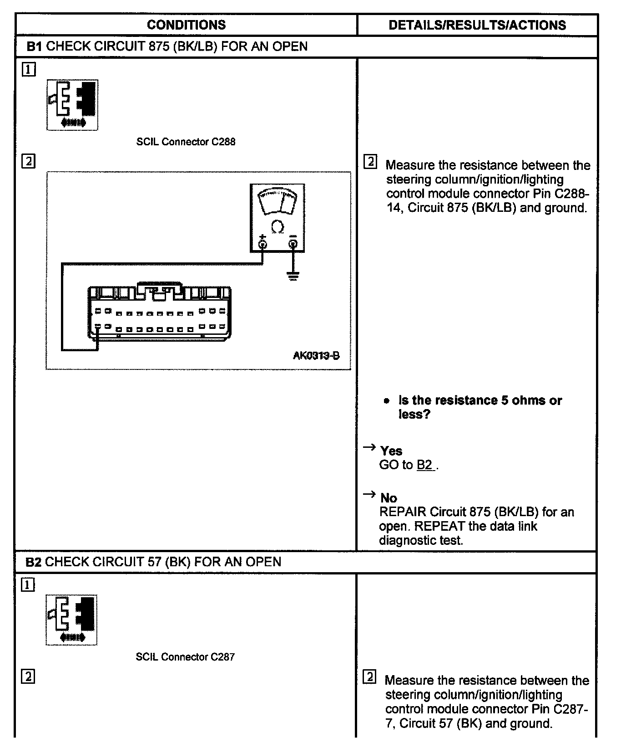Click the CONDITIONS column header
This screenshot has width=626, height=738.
pos(186,25)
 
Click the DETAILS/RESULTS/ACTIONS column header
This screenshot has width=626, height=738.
pos(477,25)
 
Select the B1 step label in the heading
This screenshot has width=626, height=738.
pos(34,46)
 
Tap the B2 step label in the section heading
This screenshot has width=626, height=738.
pos(33,562)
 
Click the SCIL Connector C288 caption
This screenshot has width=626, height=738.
pos(186,142)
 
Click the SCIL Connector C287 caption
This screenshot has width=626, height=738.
pos(185,657)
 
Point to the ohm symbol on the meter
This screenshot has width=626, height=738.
pos(278,226)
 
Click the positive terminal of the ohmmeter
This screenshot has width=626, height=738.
pos(263,244)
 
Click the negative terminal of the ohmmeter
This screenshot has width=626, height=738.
pos(293,244)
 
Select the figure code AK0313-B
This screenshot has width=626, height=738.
pos(316,355)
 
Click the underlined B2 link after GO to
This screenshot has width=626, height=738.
pos(425,465)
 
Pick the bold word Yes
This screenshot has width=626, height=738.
pos(391,451)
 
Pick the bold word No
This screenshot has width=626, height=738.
pos(389,498)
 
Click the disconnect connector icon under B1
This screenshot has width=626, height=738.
pos(72,105)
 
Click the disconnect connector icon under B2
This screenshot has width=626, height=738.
pos(71,620)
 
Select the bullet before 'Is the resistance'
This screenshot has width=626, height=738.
pos(386,401)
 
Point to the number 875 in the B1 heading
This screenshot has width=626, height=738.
pos(159,46)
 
